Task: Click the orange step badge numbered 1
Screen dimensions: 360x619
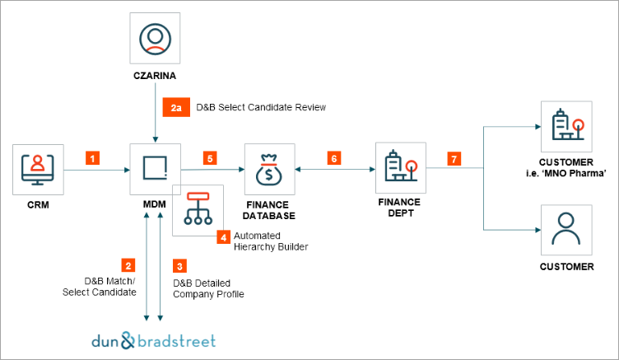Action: [x=93, y=155]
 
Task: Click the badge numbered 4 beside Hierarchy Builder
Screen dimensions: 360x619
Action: [x=222, y=237]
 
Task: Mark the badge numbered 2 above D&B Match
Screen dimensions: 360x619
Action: [x=128, y=265]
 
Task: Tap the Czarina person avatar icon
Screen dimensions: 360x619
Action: [x=156, y=39]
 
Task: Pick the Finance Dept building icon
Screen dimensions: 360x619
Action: [x=398, y=165]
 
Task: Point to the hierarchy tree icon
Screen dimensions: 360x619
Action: [x=198, y=209]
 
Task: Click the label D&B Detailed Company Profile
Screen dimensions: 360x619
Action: [x=208, y=288]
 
